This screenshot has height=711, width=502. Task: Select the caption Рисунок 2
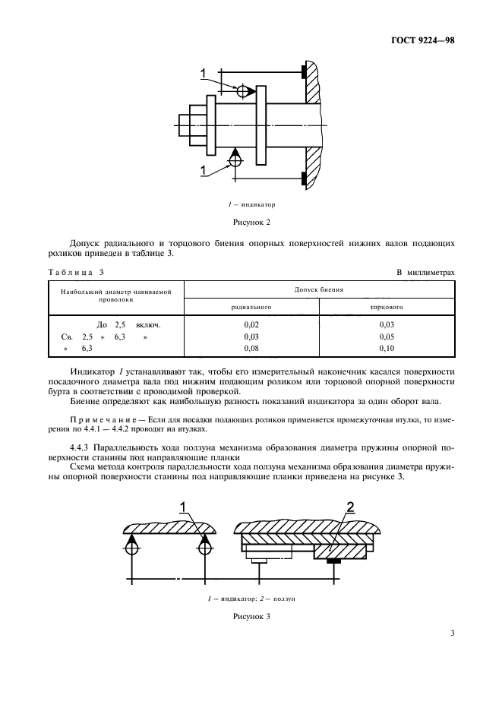coord(251,222)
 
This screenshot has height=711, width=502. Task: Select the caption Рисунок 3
coord(251,617)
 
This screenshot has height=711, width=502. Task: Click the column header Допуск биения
coord(320,289)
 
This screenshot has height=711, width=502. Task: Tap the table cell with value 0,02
coord(251,324)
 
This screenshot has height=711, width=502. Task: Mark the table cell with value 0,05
coord(387,336)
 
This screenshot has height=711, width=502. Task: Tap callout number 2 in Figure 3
coord(349,507)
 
